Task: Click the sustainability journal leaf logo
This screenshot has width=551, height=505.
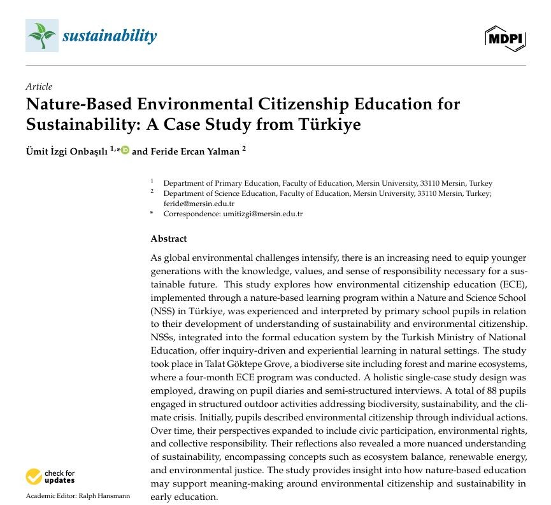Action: pyautogui.click(x=41, y=36)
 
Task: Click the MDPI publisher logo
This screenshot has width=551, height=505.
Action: pyautogui.click(x=504, y=39)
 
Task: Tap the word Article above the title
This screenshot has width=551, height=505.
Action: pyautogui.click(x=39, y=86)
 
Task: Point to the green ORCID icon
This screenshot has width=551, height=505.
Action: pyautogui.click(x=124, y=151)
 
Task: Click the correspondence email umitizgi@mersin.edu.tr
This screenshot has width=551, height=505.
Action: pyautogui.click(x=262, y=214)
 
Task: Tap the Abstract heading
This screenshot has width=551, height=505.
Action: pyautogui.click(x=169, y=239)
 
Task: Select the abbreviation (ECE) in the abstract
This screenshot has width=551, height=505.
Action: pyautogui.click(x=512, y=282)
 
